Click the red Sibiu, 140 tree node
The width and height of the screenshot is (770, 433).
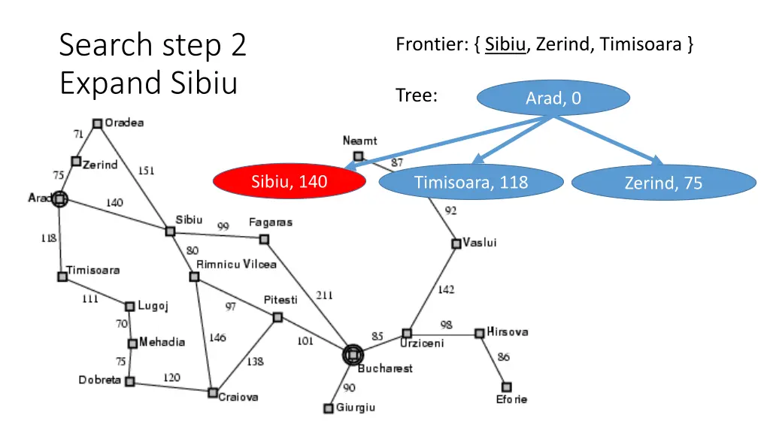[290, 182]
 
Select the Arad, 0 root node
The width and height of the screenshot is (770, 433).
[553, 98]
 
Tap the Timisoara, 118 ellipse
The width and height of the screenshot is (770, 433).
[471, 183]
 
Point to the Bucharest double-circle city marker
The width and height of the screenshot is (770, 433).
[353, 354]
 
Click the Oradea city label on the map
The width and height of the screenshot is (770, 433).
[124, 123]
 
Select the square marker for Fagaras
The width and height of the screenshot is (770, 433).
[264, 239]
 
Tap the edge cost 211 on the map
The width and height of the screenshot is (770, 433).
[324, 295]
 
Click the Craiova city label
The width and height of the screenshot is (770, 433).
[238, 397]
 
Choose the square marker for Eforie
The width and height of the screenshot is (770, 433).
[507, 386]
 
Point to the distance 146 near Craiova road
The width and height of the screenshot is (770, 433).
[217, 338]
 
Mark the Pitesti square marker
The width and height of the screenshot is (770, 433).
[277, 317]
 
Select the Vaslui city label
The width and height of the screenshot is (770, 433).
[480, 242]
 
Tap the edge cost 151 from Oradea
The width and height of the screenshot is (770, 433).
[146, 170]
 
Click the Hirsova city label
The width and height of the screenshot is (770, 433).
[508, 332]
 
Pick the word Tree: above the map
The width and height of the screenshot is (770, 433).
[416, 95]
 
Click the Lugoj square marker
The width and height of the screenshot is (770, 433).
[129, 306]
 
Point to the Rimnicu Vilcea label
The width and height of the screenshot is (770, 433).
[236, 264]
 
